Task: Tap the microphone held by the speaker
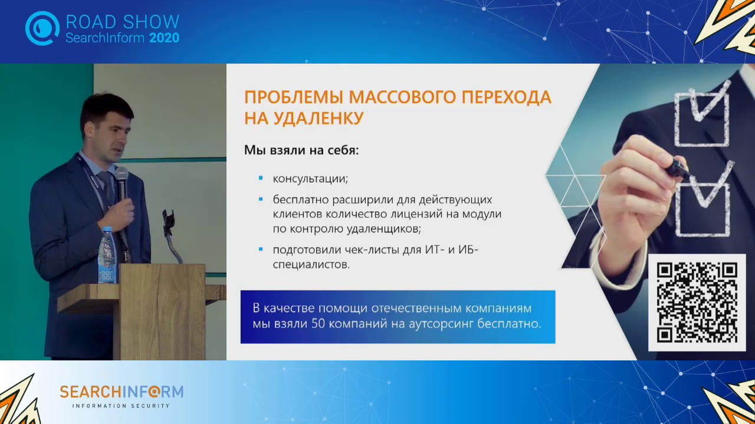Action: click(122, 183)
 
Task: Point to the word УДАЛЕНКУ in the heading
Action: click(319, 117)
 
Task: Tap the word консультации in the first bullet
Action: click(310, 178)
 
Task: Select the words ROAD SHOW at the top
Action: click(122, 22)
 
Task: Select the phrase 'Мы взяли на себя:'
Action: click(301, 150)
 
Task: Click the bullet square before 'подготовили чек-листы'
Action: click(260, 250)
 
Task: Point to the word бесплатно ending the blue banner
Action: click(509, 324)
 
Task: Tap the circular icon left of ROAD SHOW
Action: click(42, 28)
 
